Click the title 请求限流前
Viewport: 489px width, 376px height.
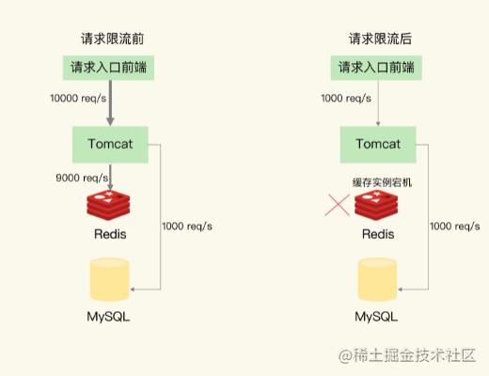click(x=112, y=39)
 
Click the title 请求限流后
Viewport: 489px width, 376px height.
click(x=380, y=39)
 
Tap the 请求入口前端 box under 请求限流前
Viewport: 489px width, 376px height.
click(x=108, y=68)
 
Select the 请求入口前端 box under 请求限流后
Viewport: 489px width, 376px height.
click(x=376, y=68)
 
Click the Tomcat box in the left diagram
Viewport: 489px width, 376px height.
click(x=110, y=145)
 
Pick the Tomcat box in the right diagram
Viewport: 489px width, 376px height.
click(x=378, y=145)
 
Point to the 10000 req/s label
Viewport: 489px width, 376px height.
click(x=78, y=99)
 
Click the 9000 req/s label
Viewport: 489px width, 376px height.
click(x=82, y=178)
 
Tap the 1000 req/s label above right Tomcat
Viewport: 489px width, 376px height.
click(x=346, y=99)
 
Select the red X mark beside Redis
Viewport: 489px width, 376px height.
click(x=337, y=205)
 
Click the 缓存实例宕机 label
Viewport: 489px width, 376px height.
click(x=382, y=182)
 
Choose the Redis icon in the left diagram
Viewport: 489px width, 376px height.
click(x=108, y=205)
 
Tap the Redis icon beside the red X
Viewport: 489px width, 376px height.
click(x=376, y=205)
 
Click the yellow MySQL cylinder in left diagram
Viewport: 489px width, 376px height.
click(x=109, y=279)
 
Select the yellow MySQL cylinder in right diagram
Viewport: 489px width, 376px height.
click(x=377, y=279)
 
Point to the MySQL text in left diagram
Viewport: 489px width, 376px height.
click(x=108, y=317)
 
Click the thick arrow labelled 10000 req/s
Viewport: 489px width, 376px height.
click(x=110, y=103)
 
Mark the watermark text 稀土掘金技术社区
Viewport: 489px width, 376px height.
click(x=415, y=355)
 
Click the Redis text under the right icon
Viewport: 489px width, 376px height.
click(x=378, y=234)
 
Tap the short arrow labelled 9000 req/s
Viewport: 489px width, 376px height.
click(x=110, y=177)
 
